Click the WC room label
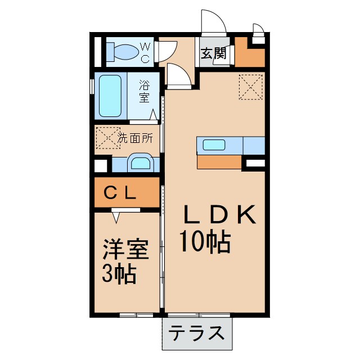click(145, 51)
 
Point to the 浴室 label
click(145, 91)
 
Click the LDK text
click(220, 215)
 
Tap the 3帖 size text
click(119, 275)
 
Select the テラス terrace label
click(197, 333)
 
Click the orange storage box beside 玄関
click(249, 52)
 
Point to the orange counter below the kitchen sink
click(219, 161)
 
